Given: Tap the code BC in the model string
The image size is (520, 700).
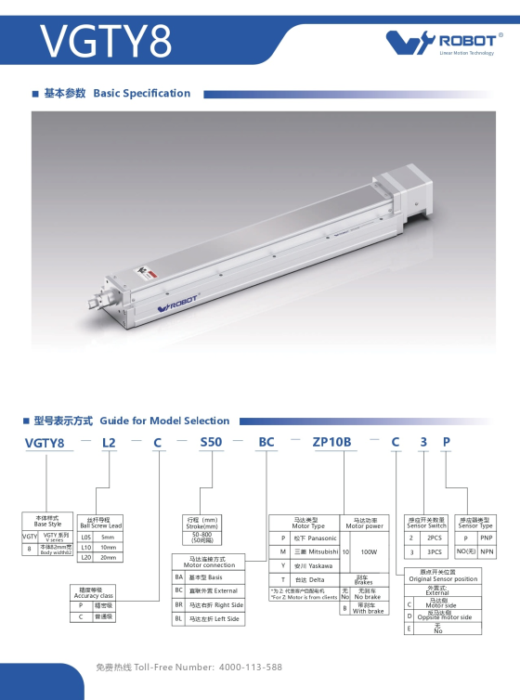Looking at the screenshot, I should [x=266, y=443].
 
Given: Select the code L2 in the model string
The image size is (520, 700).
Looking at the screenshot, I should [x=110, y=443].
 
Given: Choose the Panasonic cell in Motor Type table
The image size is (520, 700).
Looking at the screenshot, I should [x=316, y=538].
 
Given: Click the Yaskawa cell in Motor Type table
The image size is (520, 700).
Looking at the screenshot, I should [x=316, y=564].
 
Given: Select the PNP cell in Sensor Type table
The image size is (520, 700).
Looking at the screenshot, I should [x=486, y=538].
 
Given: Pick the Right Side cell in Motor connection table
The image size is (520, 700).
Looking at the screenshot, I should [x=215, y=604].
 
